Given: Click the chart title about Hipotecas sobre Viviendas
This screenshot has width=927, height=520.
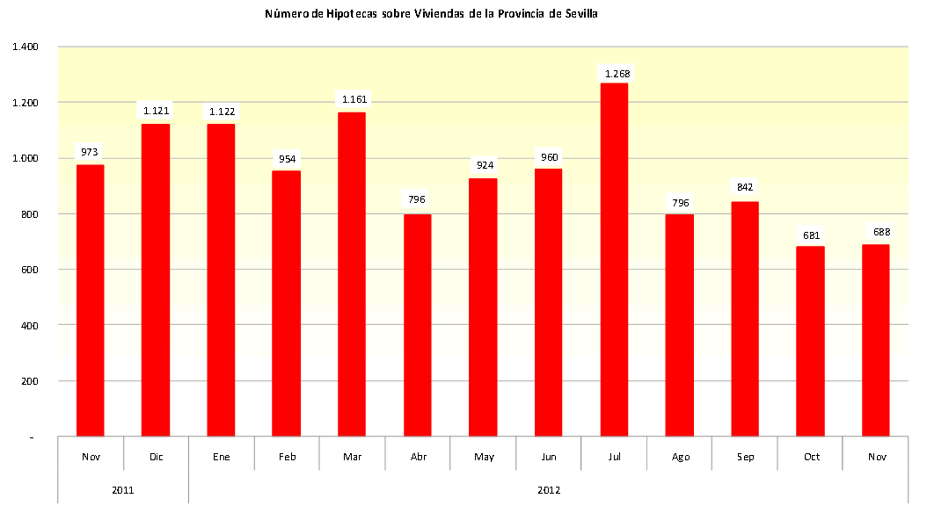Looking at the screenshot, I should click(x=431, y=15).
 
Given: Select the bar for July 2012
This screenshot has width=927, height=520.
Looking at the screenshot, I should click(x=614, y=259).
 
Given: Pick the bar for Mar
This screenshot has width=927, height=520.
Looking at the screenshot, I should click(x=352, y=274).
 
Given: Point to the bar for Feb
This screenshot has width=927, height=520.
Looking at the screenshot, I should click(x=287, y=303).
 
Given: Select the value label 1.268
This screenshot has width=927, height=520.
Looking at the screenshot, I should click(x=614, y=74).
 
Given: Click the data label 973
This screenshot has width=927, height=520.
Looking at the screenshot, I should click(x=90, y=152).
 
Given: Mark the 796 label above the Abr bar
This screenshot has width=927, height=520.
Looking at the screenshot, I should click(x=417, y=199).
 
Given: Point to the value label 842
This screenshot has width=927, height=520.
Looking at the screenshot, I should click(x=745, y=187).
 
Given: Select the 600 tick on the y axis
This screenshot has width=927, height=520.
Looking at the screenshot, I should click(x=28, y=270).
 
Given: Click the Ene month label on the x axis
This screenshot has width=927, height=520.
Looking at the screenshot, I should click(x=221, y=457).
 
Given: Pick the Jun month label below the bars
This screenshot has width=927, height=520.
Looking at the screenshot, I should click(x=548, y=457).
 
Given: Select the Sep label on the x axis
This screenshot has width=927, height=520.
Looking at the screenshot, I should click(x=744, y=457).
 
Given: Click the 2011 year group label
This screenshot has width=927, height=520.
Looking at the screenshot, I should click(x=122, y=490).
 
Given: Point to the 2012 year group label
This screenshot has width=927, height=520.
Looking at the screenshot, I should click(x=548, y=490).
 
